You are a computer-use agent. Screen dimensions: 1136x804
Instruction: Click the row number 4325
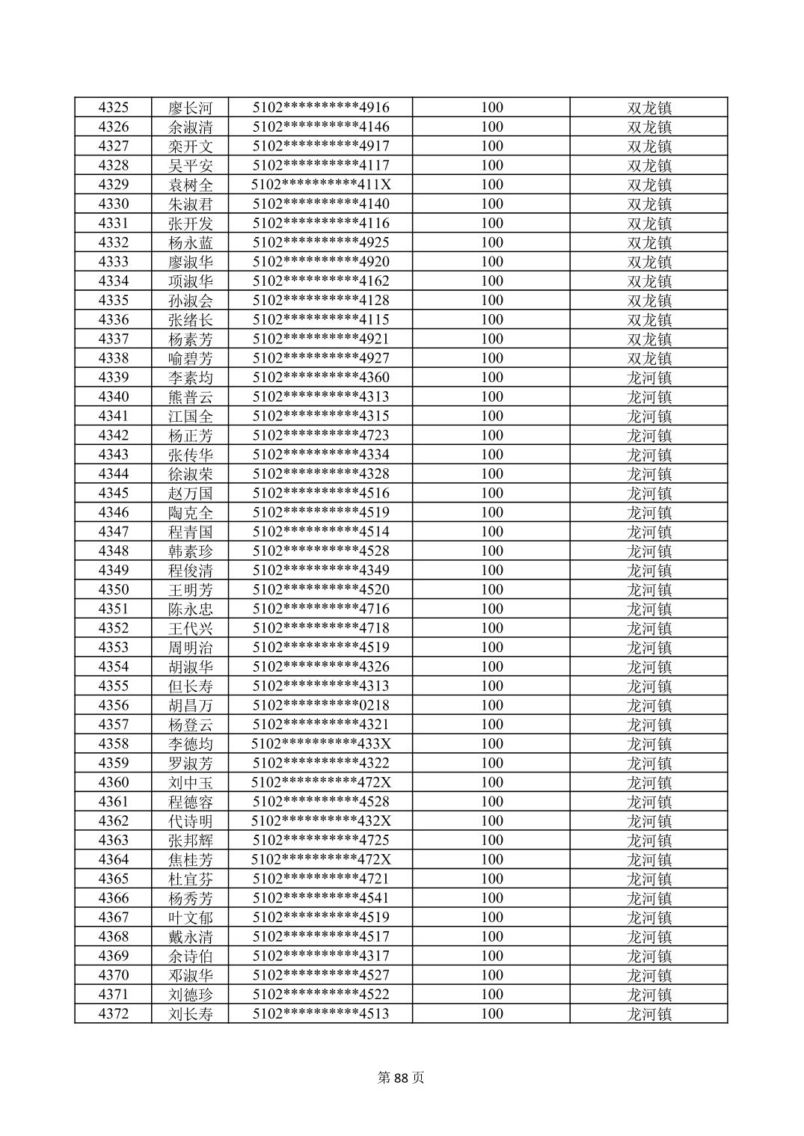tap(114, 107)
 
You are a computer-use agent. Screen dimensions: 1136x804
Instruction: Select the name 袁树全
tap(190, 185)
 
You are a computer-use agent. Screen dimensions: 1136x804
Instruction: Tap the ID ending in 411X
tap(321, 185)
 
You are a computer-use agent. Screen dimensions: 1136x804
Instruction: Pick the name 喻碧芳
tap(190, 358)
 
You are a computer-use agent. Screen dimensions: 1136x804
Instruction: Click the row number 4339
tap(114, 378)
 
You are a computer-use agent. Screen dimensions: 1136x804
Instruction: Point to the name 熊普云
tap(190, 397)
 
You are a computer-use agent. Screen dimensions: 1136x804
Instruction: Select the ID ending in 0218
tap(321, 705)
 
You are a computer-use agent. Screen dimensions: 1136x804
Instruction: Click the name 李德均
tap(190, 744)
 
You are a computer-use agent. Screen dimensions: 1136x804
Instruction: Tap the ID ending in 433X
tap(321, 744)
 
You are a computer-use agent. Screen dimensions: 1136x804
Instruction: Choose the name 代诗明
tap(190, 821)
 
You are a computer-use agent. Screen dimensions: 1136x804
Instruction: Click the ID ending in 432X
tap(321, 821)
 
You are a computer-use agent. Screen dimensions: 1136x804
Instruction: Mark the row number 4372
tap(114, 1014)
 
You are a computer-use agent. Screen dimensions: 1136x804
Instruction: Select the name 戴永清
tap(190, 937)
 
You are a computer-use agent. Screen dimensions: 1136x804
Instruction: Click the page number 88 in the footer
tap(402, 1078)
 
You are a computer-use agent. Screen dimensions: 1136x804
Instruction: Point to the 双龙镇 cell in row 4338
tap(649, 358)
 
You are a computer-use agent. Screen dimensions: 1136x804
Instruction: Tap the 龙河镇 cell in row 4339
tap(649, 378)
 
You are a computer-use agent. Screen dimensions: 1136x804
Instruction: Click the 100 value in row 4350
tap(491, 590)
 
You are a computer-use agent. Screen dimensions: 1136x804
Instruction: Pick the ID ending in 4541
tap(321, 898)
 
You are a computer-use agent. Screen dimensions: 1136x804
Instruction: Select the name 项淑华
tap(190, 281)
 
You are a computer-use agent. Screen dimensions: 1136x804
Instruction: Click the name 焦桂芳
tap(190, 860)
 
